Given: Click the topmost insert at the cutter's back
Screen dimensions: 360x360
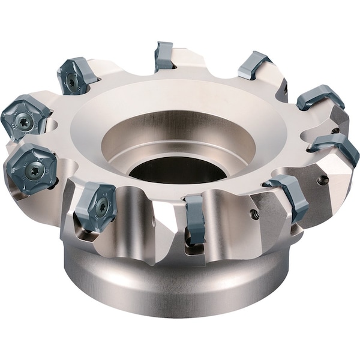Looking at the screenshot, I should (163, 56).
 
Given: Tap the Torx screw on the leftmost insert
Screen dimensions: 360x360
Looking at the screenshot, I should (24, 118).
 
